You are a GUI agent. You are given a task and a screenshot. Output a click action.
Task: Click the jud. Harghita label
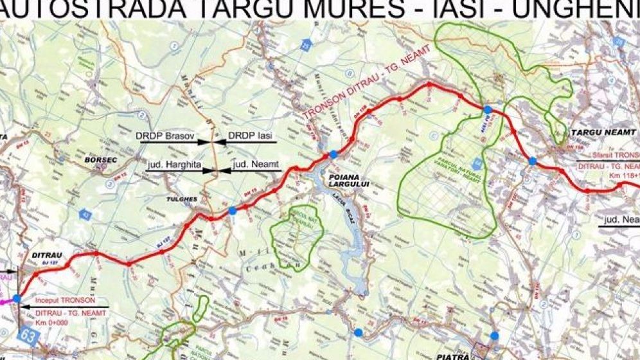(174, 165)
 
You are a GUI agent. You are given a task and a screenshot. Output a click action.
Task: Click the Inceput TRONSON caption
(66, 300)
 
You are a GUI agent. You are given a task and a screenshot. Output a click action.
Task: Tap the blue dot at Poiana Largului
(333, 154)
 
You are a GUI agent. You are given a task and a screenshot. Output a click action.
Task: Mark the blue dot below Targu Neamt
(533, 161)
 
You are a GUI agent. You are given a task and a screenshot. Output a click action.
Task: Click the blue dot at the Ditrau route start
(16, 298)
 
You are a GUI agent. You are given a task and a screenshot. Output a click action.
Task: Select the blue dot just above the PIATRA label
(494, 335)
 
